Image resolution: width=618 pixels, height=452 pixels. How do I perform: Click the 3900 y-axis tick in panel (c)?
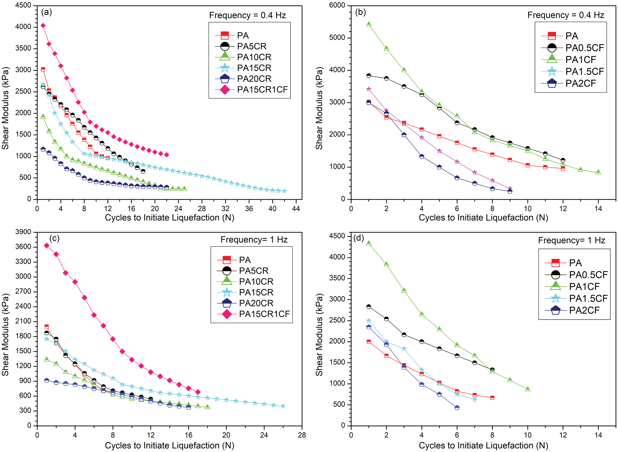(23, 232)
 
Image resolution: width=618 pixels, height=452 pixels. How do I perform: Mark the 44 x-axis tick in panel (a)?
(296, 209)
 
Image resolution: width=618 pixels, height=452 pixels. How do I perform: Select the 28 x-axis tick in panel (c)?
(302, 435)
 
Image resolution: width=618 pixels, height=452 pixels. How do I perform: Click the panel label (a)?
(46, 12)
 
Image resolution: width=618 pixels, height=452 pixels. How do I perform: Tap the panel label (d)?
(359, 238)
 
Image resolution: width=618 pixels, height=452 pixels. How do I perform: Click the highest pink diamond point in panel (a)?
(43, 26)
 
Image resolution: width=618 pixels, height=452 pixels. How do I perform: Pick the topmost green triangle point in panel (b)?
(369, 24)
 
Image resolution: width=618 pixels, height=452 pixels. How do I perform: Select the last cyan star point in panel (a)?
(284, 191)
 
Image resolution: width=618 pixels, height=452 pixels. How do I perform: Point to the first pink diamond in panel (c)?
(47, 246)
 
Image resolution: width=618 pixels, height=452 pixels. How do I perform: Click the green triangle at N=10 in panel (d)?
(528, 389)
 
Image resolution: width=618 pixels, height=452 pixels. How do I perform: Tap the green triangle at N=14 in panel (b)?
(598, 172)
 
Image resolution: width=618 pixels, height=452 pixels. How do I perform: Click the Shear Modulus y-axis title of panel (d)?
(319, 334)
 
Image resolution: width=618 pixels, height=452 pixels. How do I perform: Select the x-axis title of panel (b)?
(483, 218)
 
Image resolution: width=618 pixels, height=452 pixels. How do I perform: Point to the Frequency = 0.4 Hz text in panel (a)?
(247, 15)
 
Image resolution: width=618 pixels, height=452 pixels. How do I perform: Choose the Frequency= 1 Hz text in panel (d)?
(571, 241)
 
